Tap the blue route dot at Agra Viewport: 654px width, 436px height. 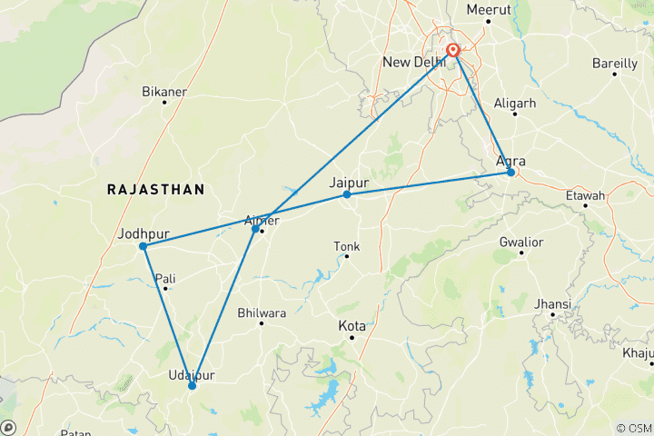[x=511, y=173]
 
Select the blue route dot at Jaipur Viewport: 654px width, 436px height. [x=347, y=194]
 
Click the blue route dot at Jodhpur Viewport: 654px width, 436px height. [x=144, y=246]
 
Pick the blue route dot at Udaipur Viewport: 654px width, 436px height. [x=192, y=386]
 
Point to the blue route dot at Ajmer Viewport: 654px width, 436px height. [x=255, y=228]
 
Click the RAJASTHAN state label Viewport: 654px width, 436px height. [x=155, y=189]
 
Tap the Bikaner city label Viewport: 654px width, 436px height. [x=163, y=92]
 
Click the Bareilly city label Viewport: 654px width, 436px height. [x=614, y=64]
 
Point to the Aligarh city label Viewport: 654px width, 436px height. [x=515, y=104]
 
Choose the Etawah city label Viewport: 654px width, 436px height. [x=585, y=195]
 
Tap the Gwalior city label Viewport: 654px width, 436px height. [x=520, y=243]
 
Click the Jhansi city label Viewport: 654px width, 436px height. [x=553, y=303]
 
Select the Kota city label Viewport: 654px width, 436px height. [x=352, y=325]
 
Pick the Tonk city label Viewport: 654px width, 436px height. [x=347, y=246]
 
